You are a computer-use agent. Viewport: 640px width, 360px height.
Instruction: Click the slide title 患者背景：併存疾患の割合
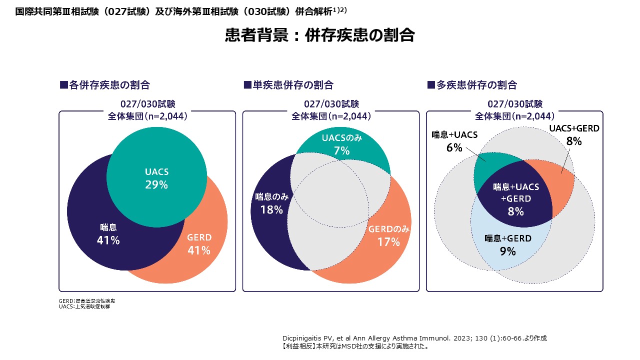319,35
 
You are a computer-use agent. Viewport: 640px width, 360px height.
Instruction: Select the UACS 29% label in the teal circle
156,178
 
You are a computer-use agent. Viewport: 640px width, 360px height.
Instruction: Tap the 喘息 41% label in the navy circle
108,234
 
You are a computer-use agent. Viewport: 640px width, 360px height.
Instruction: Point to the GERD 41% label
199,244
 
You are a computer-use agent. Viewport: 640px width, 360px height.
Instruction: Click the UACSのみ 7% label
341,144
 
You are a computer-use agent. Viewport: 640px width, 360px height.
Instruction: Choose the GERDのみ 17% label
389,236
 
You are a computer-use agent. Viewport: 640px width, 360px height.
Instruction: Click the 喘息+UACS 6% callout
454,141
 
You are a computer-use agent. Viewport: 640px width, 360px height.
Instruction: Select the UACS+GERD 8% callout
574,135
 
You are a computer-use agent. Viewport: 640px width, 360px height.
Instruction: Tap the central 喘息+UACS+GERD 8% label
516,199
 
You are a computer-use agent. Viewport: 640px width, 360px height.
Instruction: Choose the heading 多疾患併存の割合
472,85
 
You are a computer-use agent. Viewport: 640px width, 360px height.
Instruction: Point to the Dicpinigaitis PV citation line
414,338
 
